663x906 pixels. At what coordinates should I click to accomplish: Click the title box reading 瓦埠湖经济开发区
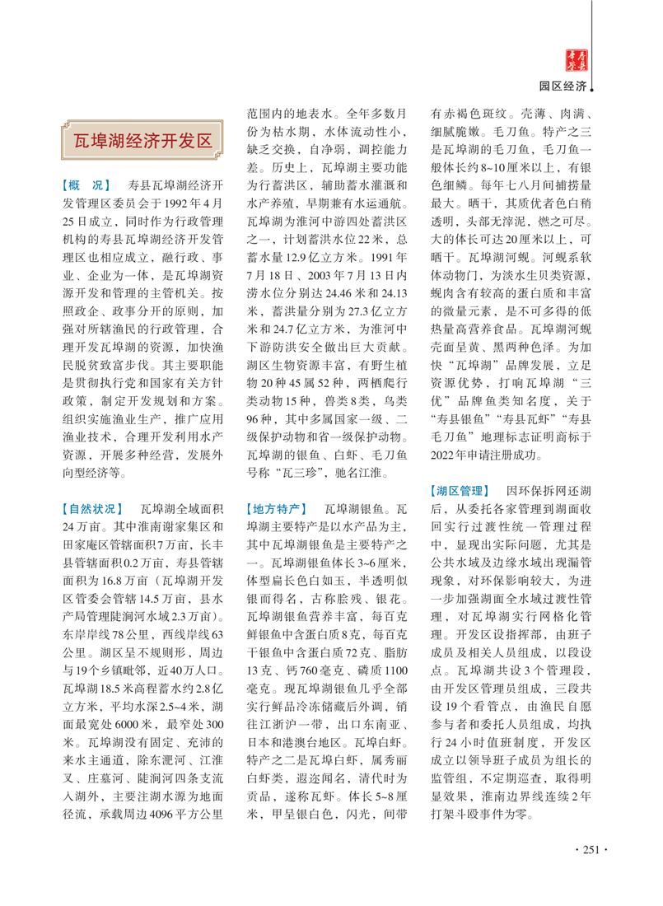pyautogui.click(x=138, y=139)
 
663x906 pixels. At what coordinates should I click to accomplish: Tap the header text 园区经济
pyautogui.click(x=563, y=86)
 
